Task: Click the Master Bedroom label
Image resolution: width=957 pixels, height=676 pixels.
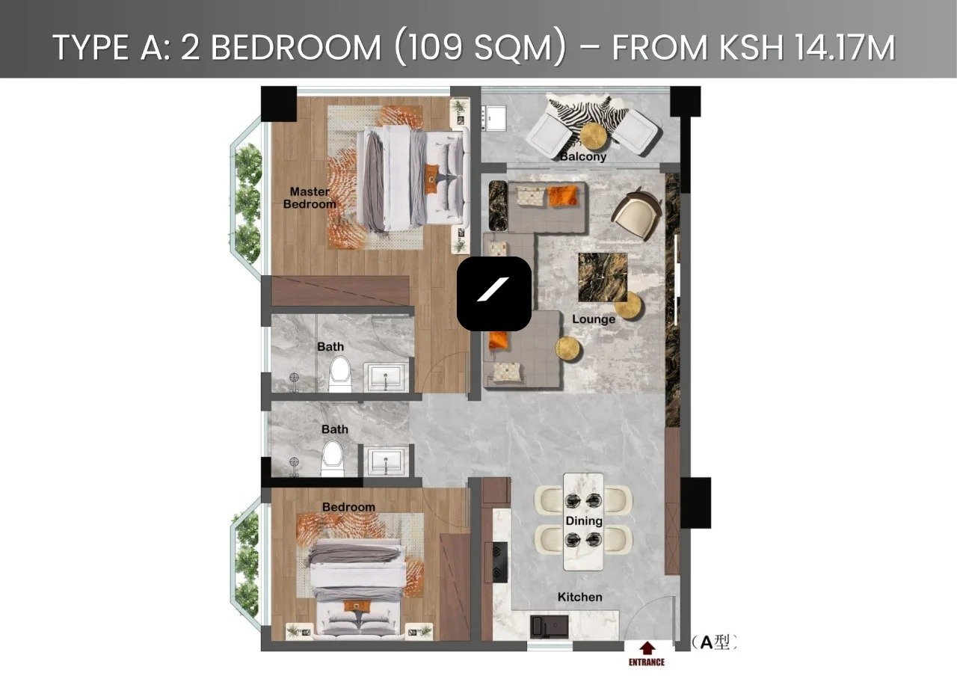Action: [310, 198]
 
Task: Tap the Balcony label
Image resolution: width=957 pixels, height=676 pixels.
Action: [582, 156]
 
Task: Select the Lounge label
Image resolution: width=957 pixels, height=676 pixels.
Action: [594, 319]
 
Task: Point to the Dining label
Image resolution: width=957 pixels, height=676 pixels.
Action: [584, 521]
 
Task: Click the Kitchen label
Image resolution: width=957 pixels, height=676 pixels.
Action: [579, 597]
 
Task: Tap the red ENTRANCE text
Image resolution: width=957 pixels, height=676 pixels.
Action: [647, 663]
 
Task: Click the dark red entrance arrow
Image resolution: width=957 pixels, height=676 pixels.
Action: [648, 648]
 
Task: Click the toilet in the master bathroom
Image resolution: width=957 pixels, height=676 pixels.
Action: [339, 375]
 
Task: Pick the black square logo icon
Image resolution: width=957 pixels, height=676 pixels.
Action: [494, 294]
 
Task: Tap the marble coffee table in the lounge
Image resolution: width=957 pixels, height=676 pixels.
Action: [603, 277]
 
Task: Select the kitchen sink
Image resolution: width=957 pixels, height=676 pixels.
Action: [549, 626]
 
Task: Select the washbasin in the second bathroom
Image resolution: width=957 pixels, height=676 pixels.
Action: [386, 462]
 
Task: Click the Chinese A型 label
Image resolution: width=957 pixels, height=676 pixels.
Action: [714, 642]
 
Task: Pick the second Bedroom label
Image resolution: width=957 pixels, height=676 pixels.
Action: [348, 507]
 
